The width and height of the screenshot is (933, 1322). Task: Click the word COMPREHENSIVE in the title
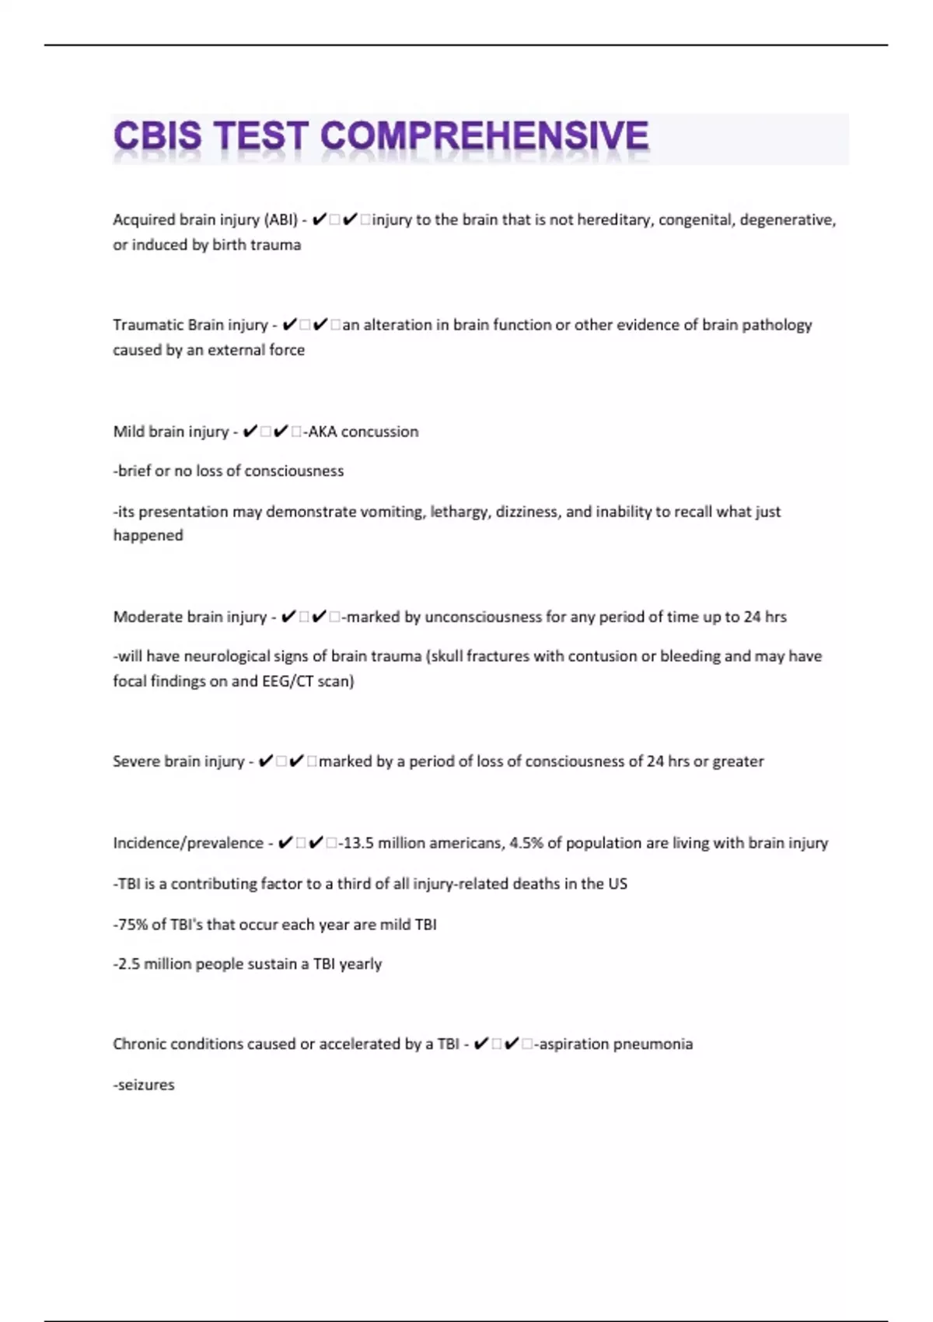pyautogui.click(x=484, y=136)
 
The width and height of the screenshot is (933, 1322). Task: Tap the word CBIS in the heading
pyautogui.click(x=157, y=136)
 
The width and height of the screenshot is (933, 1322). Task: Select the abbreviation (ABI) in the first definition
pyautogui.click(x=281, y=220)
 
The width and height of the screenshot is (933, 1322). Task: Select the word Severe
pyautogui.click(x=135, y=761)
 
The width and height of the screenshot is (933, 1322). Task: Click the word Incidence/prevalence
pyautogui.click(x=187, y=843)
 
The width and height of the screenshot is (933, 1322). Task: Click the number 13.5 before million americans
pyautogui.click(x=358, y=843)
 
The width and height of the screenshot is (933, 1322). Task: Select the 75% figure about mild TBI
pyautogui.click(x=130, y=925)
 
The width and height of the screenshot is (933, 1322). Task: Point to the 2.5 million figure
pyautogui.click(x=129, y=964)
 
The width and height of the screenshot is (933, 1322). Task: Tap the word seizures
pyautogui.click(x=145, y=1085)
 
